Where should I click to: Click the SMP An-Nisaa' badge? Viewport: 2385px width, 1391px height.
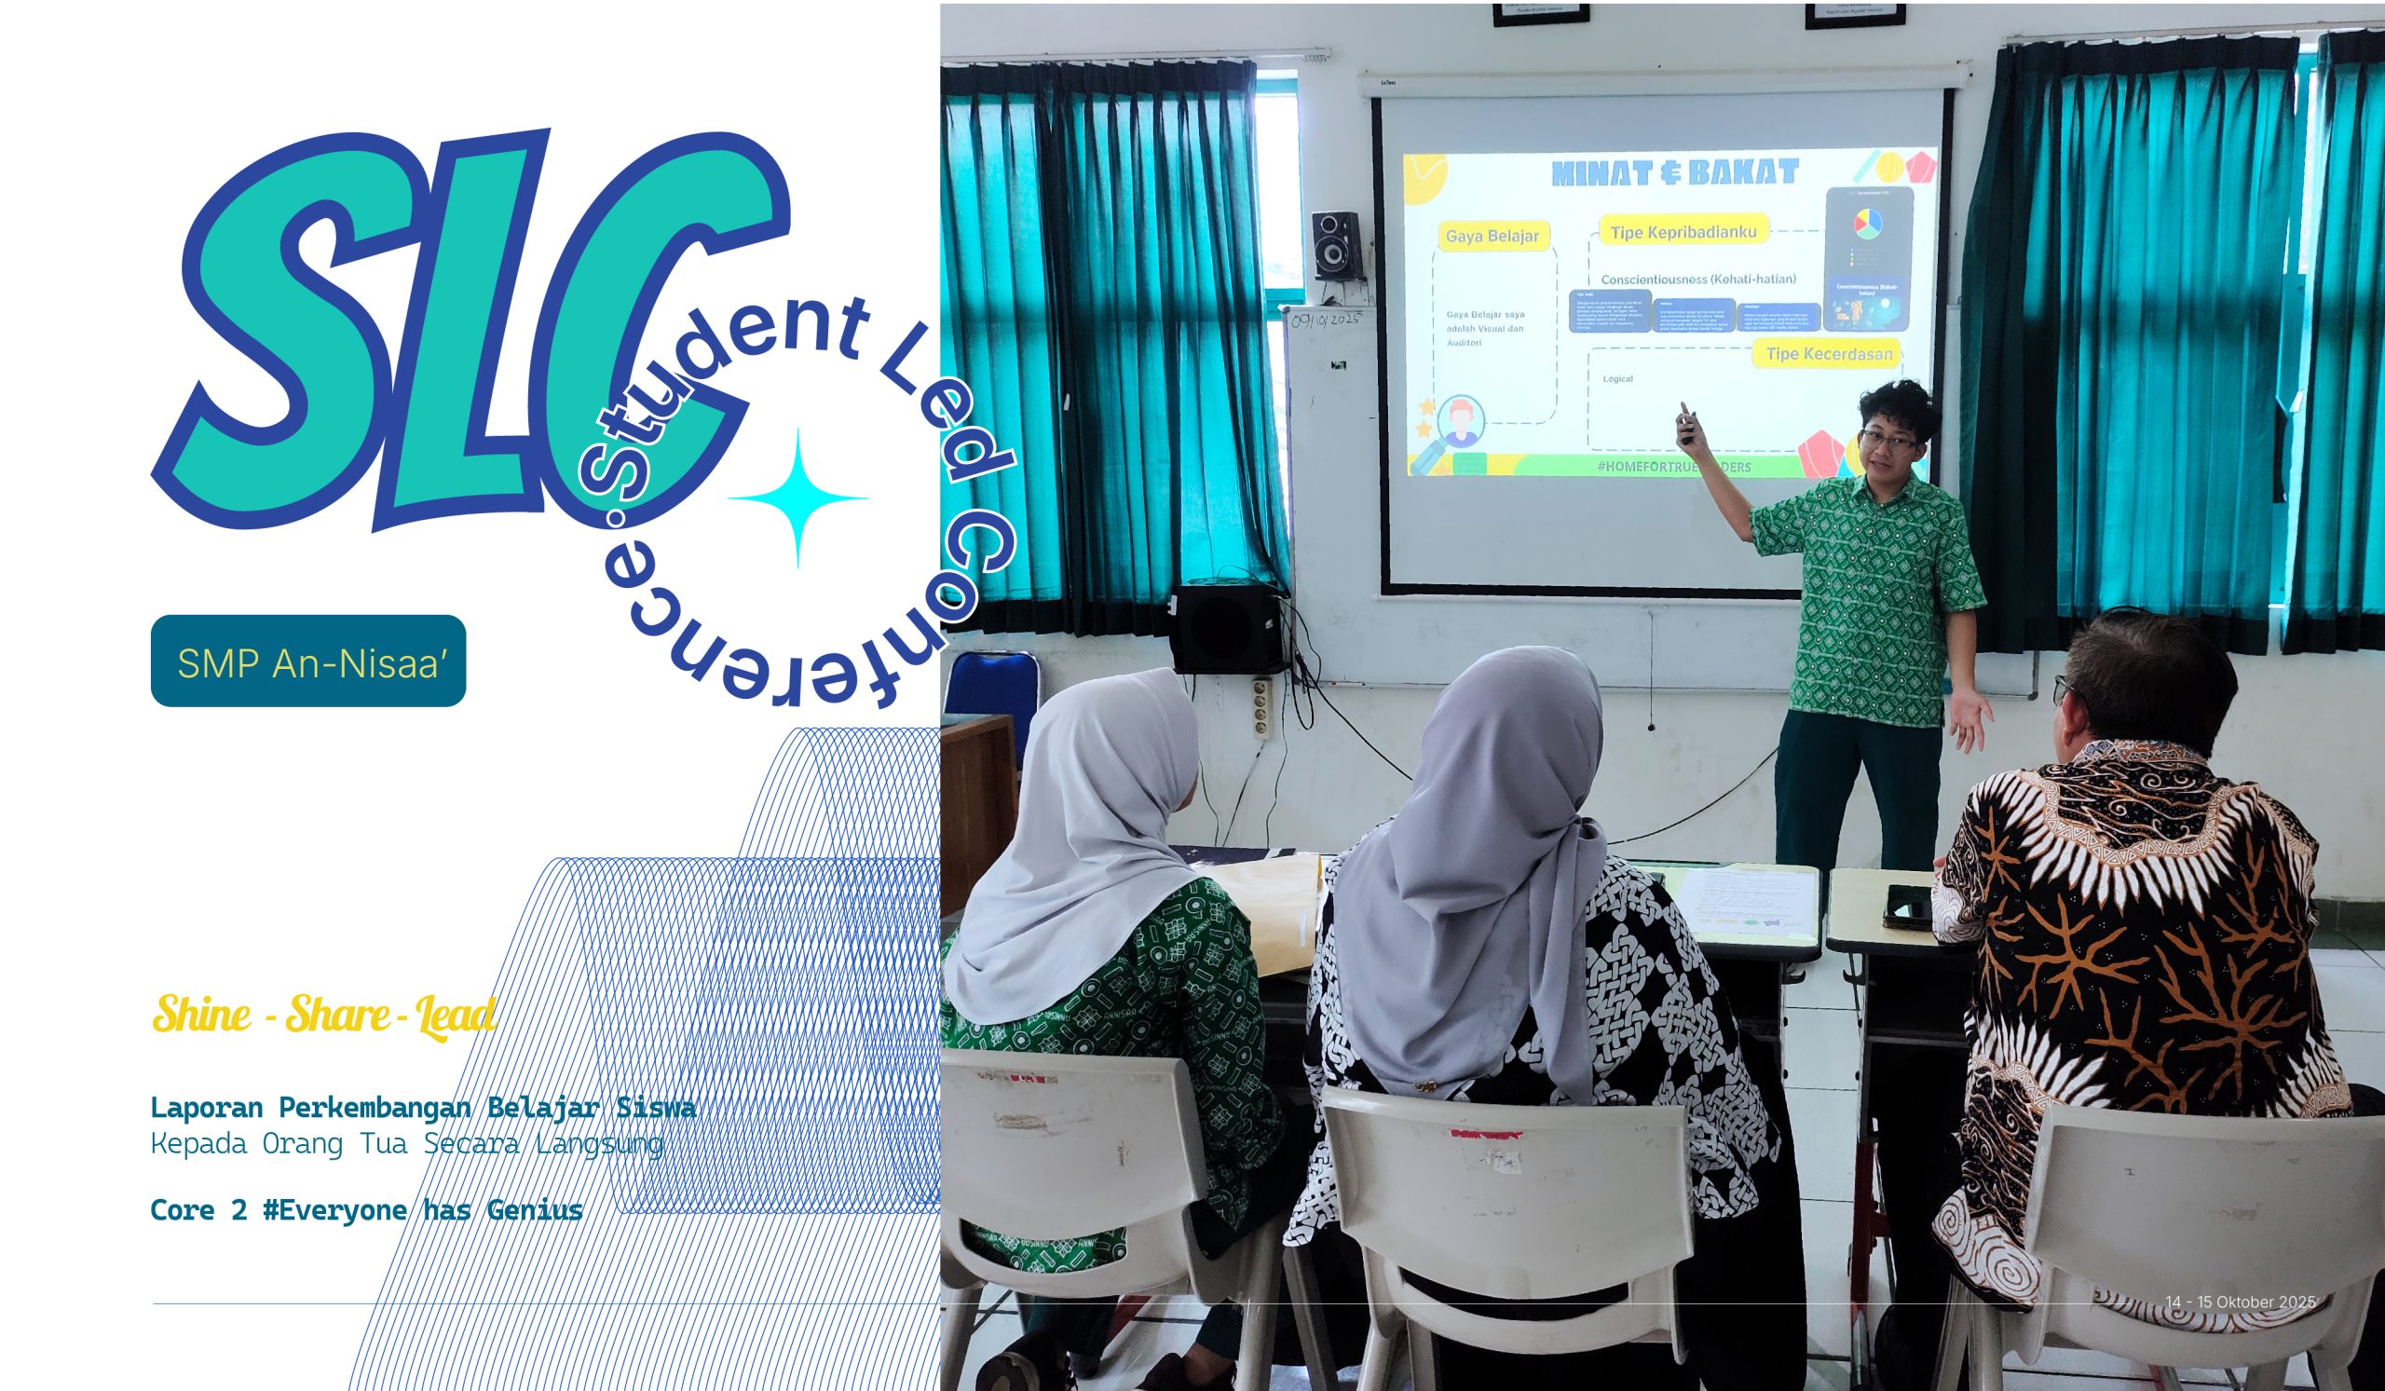coord(307,661)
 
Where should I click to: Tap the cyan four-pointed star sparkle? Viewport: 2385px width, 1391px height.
coord(797,498)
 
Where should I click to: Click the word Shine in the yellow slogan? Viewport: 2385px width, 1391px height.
coord(201,1015)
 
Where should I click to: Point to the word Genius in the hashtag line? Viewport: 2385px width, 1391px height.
coord(535,1210)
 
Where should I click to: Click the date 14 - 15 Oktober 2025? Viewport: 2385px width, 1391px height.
coord(2241,1302)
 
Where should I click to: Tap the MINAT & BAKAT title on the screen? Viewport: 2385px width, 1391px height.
coord(1674,172)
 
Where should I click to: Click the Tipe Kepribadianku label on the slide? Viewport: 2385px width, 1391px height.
coord(1683,232)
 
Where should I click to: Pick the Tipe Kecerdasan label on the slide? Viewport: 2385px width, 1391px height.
coord(1829,353)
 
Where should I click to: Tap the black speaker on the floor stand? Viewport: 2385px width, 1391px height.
coord(1225,628)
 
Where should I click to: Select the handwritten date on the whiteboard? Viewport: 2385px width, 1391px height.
coord(1325,320)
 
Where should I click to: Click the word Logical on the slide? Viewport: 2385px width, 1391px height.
coord(1617,378)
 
